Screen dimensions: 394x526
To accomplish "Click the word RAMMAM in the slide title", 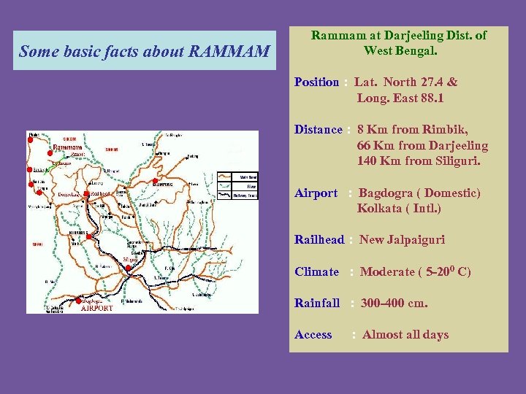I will (229, 52).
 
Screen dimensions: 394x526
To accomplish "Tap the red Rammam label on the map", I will (67, 147).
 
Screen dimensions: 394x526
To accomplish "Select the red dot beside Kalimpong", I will (155, 180).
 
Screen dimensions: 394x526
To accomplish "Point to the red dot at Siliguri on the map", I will (128, 268).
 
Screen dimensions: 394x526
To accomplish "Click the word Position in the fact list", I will (316, 82).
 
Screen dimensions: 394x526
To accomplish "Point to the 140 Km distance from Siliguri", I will (375, 161).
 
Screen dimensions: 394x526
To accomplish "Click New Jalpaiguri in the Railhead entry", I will (403, 240).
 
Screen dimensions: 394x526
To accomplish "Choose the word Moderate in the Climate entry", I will (386, 272).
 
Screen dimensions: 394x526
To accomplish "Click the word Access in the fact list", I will (313, 335).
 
